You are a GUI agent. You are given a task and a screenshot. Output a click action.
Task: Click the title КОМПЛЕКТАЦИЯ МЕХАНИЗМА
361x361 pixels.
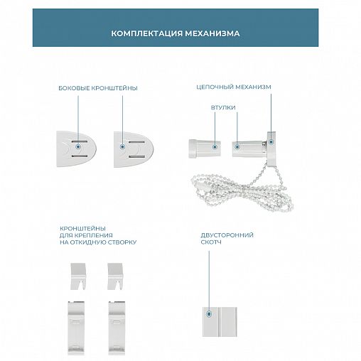click(x=176, y=33)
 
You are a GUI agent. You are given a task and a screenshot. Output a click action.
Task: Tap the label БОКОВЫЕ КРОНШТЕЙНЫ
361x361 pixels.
click(x=98, y=88)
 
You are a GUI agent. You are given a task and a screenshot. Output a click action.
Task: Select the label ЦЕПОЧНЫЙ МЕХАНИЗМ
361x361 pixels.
click(x=234, y=87)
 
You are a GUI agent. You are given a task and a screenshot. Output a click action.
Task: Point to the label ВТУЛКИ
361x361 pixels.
click(x=223, y=107)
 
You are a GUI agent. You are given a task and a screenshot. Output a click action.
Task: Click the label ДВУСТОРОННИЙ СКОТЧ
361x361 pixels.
click(x=227, y=239)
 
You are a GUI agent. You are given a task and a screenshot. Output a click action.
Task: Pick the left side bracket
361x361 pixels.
click(x=76, y=149)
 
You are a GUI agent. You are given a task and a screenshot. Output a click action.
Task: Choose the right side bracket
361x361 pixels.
click(x=134, y=149)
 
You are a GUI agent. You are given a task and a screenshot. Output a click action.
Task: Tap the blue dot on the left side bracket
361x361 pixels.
click(x=78, y=147)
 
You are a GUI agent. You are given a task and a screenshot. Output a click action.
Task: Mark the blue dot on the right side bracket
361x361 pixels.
click(x=122, y=147)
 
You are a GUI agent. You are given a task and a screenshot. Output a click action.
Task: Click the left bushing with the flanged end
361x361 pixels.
click(x=205, y=149)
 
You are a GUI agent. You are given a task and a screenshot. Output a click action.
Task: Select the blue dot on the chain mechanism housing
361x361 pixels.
click(x=271, y=142)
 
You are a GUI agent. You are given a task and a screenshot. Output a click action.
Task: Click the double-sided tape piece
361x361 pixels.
click(x=220, y=322)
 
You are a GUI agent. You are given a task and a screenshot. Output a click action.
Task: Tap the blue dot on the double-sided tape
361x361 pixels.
click(x=209, y=314)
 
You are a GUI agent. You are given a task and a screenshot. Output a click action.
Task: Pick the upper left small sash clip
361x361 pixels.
click(x=78, y=276)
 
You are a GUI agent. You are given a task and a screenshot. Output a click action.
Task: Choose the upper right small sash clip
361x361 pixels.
click(x=115, y=276)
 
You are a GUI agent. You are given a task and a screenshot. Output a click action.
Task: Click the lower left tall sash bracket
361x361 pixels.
click(x=76, y=328)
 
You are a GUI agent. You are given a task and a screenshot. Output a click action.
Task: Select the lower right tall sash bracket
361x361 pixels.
click(x=117, y=328)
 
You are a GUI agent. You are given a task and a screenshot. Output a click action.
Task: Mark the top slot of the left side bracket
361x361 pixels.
click(x=80, y=141)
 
